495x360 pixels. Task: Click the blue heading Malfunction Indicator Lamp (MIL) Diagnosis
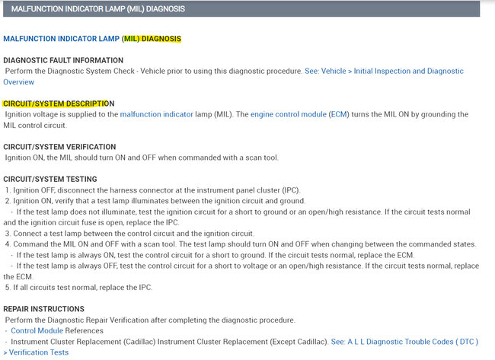click(x=92, y=38)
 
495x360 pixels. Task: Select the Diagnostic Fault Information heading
click(x=63, y=60)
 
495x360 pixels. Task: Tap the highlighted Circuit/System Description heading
click(x=58, y=104)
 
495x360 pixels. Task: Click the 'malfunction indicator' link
click(x=156, y=114)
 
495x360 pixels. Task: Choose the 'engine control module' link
click(x=288, y=114)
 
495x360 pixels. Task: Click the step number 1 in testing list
click(x=8, y=190)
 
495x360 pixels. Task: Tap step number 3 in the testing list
click(x=8, y=233)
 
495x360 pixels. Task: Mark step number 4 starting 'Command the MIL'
click(x=8, y=244)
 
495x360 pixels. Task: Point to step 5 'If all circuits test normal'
click(x=8, y=287)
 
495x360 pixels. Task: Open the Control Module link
click(x=37, y=330)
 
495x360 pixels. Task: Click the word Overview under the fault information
click(x=18, y=81)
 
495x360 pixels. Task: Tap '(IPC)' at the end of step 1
click(x=289, y=190)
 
